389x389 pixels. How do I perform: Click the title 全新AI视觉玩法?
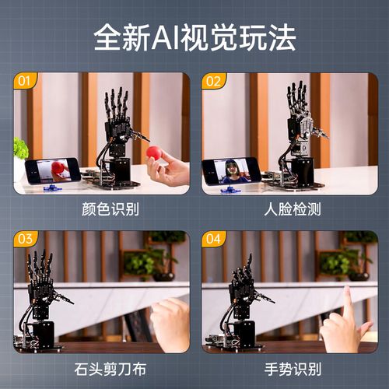coord(194,37)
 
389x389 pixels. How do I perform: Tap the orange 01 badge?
coord(25,80)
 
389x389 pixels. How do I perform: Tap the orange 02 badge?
coord(213,80)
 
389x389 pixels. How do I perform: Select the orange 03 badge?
coord(25,239)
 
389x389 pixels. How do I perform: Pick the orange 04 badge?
coord(213,239)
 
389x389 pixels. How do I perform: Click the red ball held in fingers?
coord(154,152)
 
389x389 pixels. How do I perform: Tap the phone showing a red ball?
coord(52,170)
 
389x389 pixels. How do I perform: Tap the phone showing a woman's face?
coord(232,170)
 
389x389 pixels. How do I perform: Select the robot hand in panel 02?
coord(300,117)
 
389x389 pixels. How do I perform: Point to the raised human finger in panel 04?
coord(348,303)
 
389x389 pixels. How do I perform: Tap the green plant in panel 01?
coord(19,148)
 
